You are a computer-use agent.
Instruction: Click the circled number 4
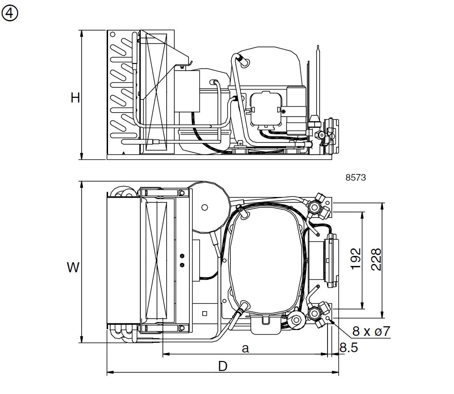point(10,13)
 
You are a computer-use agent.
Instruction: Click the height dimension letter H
point(75,98)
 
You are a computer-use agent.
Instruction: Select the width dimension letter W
point(73,267)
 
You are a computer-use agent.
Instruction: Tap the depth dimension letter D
point(223,366)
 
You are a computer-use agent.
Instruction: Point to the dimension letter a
point(245,348)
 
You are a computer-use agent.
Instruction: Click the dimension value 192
point(356,259)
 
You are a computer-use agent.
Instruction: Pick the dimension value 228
point(376,259)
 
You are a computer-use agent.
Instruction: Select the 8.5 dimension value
point(348,348)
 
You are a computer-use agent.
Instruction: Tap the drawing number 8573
point(356,177)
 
